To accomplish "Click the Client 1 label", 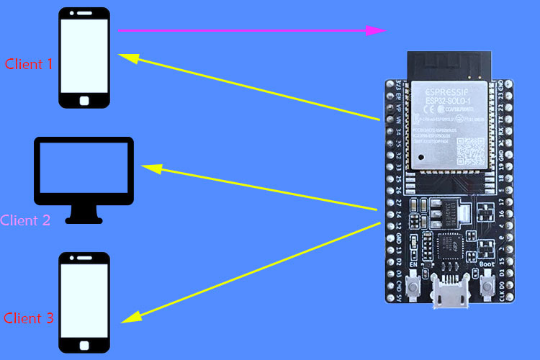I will coord(29,63).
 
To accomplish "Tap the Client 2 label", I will coord(26,220).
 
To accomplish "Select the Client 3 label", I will coord(29,318).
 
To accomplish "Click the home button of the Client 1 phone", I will coord(84,101).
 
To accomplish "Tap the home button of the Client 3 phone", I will coord(84,343).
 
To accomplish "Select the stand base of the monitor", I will coord(84,217).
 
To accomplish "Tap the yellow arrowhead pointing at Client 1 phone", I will coord(128,58).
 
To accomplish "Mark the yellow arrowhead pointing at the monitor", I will coord(151,168).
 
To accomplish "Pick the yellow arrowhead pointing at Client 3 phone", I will coord(130,317).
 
